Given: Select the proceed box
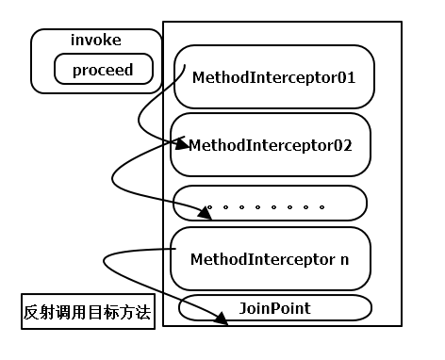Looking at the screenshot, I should (x=103, y=70).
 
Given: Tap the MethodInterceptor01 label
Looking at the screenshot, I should (x=272, y=76).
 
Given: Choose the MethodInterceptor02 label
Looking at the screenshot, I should (x=270, y=145).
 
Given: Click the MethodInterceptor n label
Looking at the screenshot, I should (x=269, y=257).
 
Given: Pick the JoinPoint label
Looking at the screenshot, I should (x=274, y=308).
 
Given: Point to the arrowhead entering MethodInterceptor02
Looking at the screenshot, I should (x=185, y=143).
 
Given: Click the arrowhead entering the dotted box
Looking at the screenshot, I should (x=206, y=213).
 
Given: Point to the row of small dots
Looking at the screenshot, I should (x=266, y=205).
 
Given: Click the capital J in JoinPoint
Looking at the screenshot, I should (x=243, y=308).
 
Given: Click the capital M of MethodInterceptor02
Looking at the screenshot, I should (x=195, y=145).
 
